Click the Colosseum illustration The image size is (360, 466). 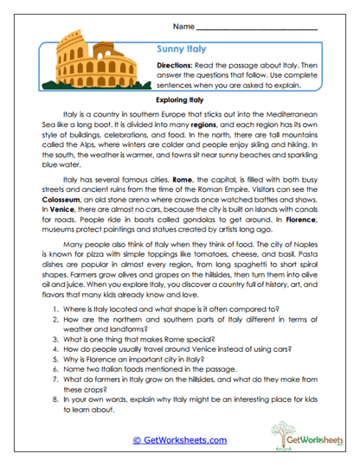(x=97, y=67)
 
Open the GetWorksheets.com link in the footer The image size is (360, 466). (x=180, y=439)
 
